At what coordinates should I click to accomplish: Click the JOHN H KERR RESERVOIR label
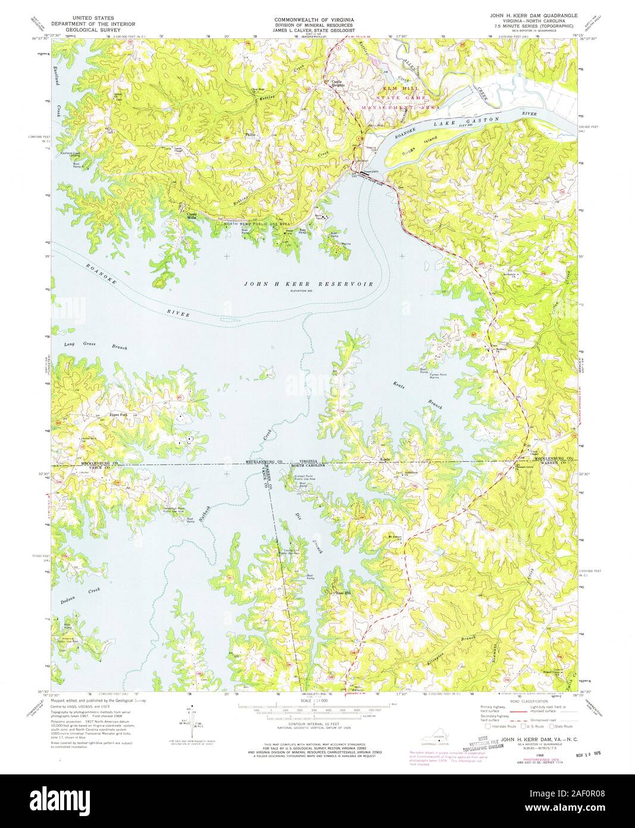tap(309, 284)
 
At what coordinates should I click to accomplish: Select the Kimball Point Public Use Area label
tap(307, 478)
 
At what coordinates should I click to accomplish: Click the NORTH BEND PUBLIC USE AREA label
tap(256, 223)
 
